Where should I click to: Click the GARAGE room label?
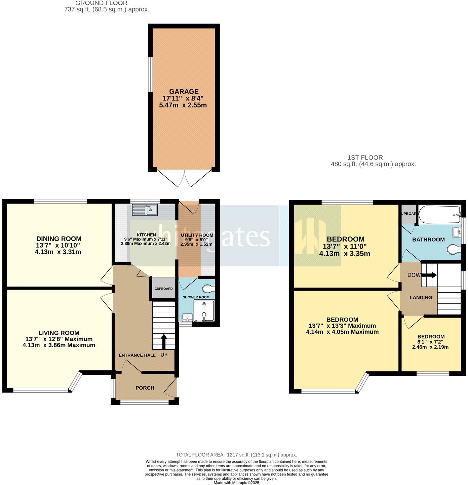click(184, 91)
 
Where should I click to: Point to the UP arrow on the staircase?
click(164, 342)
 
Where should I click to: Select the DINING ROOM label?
click(59, 239)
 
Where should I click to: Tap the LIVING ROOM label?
click(59, 333)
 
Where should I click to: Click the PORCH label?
click(145, 388)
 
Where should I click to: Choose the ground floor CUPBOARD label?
click(163, 289)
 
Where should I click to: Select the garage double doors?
click(184, 178)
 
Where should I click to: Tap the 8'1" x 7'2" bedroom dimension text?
click(430, 342)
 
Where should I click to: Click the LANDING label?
click(421, 297)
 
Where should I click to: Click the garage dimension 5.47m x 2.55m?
click(183, 105)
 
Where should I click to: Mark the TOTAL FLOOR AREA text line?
click(236, 455)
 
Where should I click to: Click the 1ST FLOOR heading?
click(365, 157)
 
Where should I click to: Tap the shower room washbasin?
click(187, 317)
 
